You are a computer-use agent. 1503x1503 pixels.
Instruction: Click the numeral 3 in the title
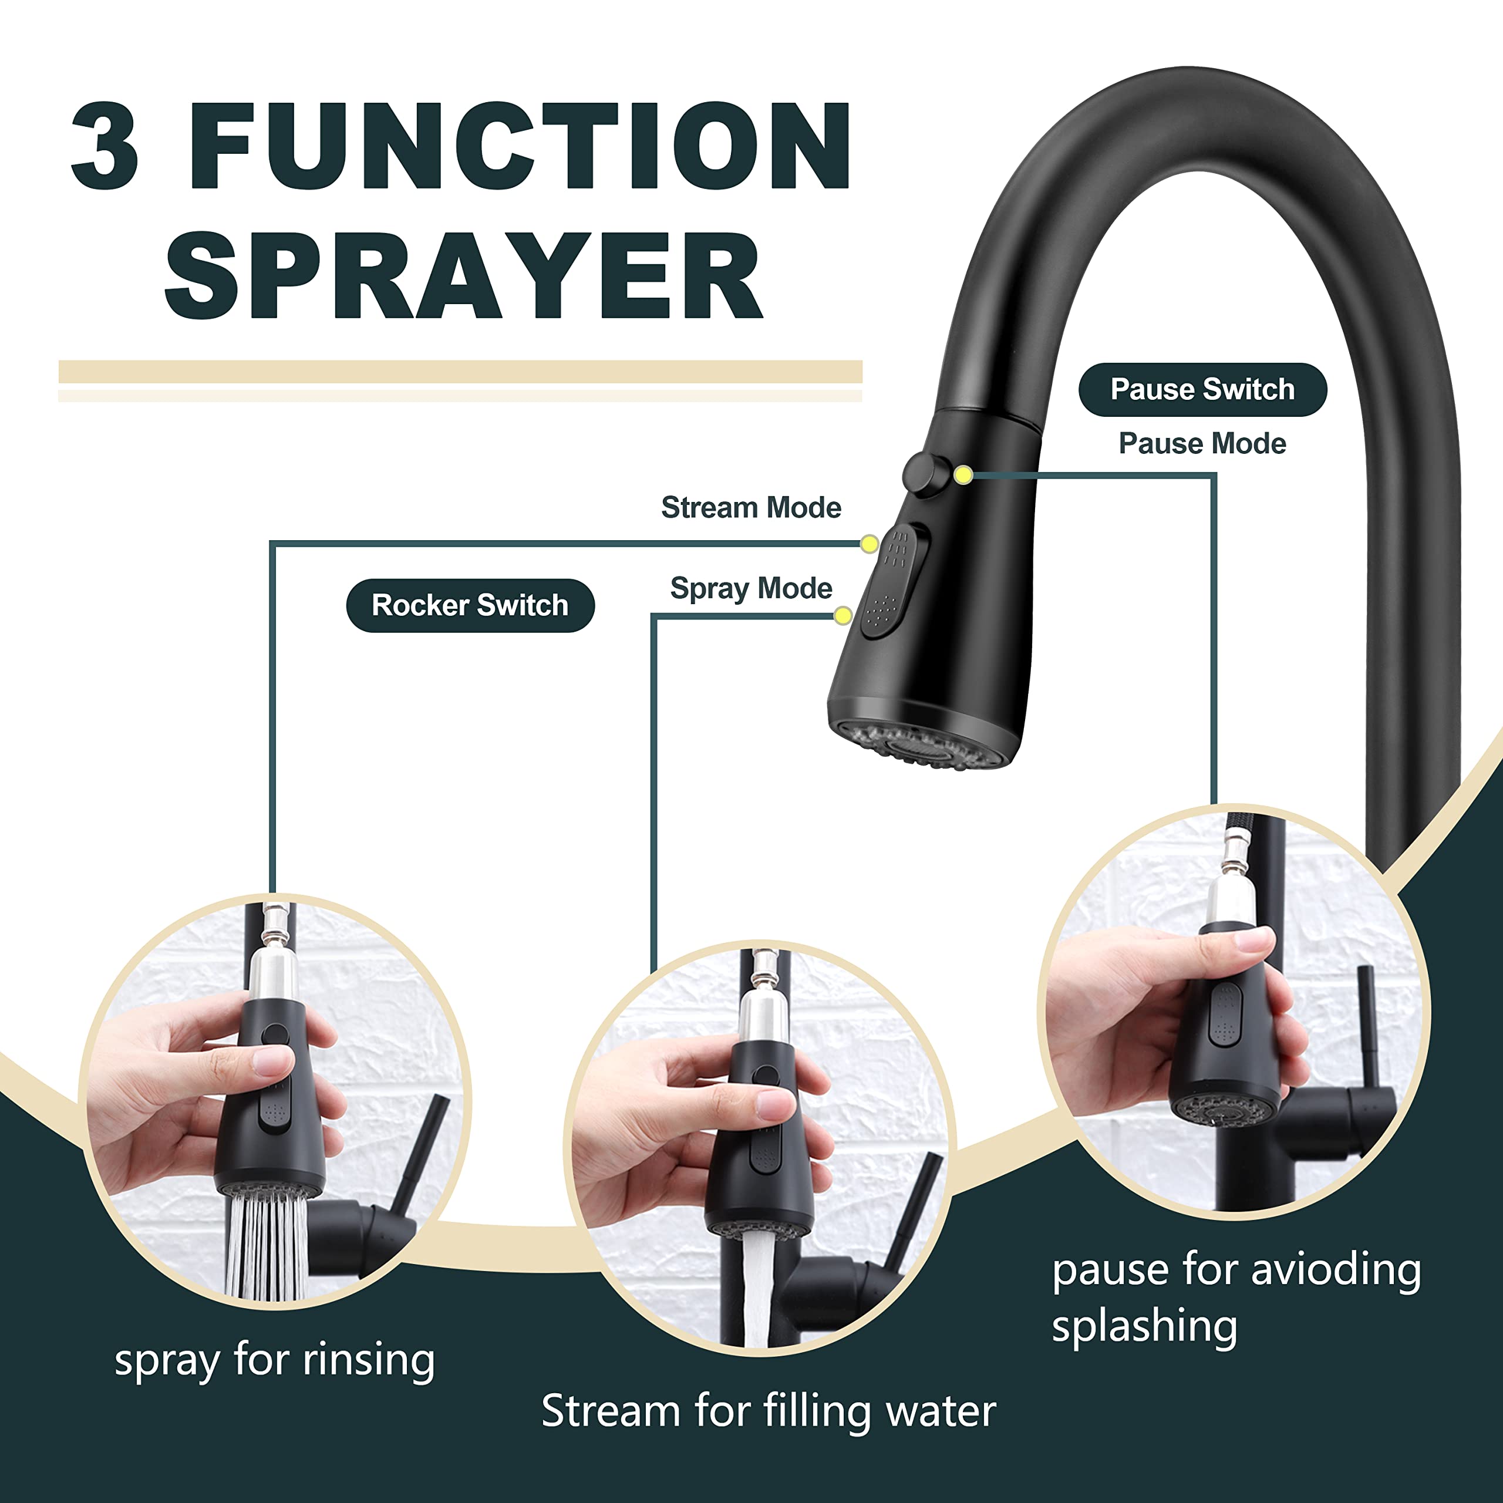click(105, 146)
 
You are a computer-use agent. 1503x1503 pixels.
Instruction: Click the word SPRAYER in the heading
click(464, 275)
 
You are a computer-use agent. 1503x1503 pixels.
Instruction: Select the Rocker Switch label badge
click(470, 605)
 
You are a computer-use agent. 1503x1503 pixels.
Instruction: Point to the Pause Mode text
click(1202, 443)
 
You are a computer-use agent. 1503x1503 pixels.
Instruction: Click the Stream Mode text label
click(751, 507)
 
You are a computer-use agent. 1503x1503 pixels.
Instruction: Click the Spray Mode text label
click(751, 588)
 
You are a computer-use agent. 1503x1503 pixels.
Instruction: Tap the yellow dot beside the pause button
click(963, 474)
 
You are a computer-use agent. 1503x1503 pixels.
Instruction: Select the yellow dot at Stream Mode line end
click(869, 544)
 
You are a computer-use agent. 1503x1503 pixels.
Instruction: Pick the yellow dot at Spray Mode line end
click(843, 616)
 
